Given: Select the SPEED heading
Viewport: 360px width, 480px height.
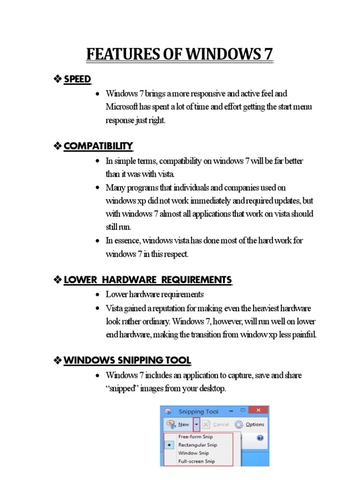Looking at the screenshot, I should (77, 79).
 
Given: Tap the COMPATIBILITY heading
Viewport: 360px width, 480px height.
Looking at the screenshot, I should (98, 146).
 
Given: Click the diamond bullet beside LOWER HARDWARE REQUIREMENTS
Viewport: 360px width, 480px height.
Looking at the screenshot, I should (58, 280).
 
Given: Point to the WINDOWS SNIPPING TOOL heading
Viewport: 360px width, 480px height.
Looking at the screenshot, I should (127, 360).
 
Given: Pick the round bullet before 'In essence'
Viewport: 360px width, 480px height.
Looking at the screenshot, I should (97, 240).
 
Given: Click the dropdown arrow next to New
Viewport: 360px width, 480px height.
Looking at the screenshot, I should (197, 425).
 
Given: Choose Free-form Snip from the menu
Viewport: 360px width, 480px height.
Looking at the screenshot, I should (195, 436).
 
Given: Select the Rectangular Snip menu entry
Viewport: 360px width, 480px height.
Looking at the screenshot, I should (197, 445).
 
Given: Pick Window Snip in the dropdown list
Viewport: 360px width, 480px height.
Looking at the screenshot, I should (193, 453).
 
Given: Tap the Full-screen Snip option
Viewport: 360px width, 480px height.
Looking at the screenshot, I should (196, 461).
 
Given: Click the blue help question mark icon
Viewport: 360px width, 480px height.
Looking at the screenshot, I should (260, 438).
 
